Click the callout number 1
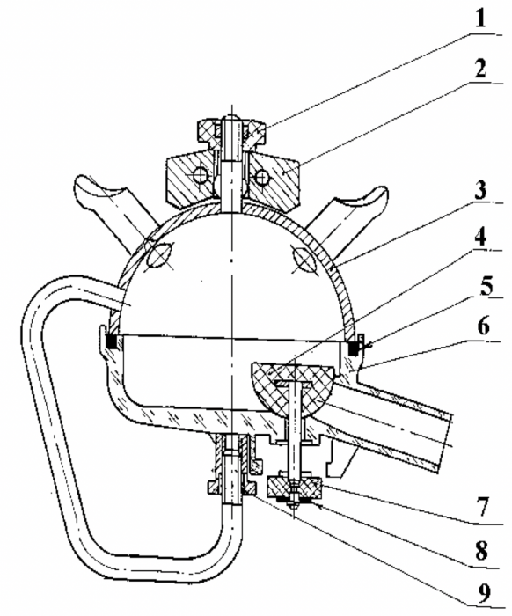[480, 18]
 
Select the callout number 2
[480, 69]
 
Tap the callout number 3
[479, 190]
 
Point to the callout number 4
[479, 237]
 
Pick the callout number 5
[486, 285]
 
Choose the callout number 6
[483, 326]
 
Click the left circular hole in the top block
[201, 175]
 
